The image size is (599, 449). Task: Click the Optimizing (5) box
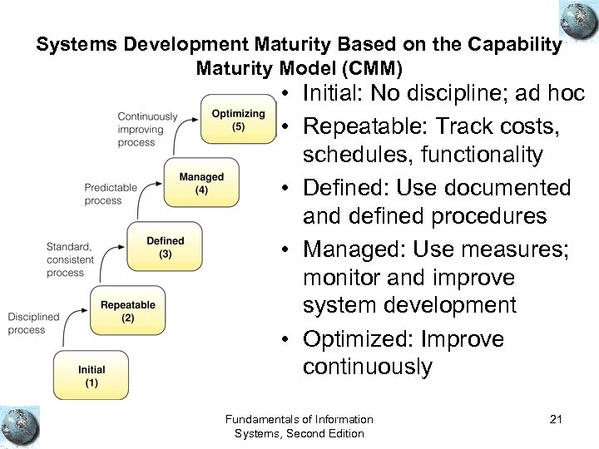pyautogui.click(x=238, y=120)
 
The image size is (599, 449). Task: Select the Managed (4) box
pyautogui.click(x=201, y=184)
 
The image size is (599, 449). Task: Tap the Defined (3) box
pyautogui.click(x=165, y=247)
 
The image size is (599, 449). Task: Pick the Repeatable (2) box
pyautogui.click(x=127, y=311)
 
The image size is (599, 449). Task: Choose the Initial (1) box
pyautogui.click(x=92, y=376)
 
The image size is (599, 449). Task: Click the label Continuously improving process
pyautogui.click(x=147, y=129)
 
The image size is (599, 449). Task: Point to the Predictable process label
pyautogui.click(x=110, y=194)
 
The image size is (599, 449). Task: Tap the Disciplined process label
pyautogui.click(x=34, y=323)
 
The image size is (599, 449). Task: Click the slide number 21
pyautogui.click(x=556, y=419)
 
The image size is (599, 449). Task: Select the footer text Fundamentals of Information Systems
pyautogui.click(x=299, y=426)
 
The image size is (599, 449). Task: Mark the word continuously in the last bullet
pyautogui.click(x=367, y=367)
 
